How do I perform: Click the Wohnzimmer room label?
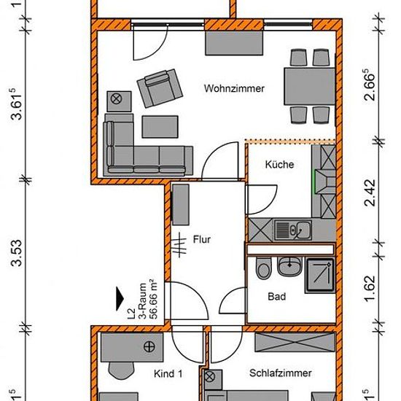(234, 89)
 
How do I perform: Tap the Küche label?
(279, 165)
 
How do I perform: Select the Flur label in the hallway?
(202, 240)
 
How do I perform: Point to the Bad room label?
(277, 297)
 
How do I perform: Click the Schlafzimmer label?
(281, 373)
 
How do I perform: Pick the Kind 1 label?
(168, 374)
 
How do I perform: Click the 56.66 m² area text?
(154, 300)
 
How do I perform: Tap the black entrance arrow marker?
(120, 299)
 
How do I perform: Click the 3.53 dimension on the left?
(17, 253)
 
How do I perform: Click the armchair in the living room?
(160, 88)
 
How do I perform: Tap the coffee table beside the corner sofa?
(160, 127)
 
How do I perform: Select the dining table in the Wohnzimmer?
(309, 87)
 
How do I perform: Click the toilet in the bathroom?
(264, 268)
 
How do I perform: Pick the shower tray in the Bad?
(320, 276)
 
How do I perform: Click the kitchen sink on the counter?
(293, 230)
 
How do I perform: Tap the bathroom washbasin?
(289, 267)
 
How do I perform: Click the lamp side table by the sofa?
(119, 101)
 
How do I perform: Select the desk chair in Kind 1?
(121, 370)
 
